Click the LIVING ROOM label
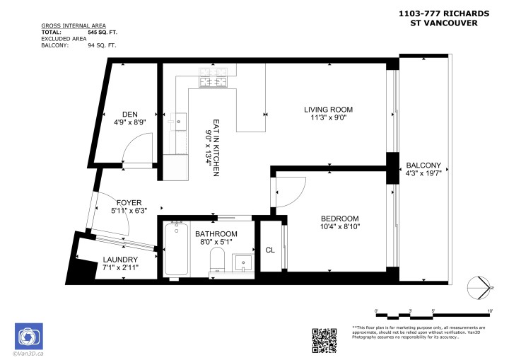pos(328,109)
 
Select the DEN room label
pos(129,113)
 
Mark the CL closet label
pos(270,250)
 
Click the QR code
pos(324,340)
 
